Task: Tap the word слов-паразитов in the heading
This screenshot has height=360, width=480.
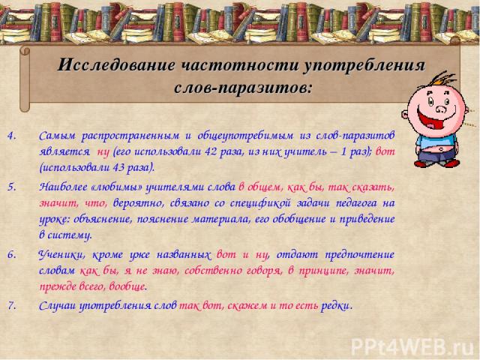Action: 243,88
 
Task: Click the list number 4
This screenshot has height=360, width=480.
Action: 12,136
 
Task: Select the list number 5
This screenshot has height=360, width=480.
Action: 12,187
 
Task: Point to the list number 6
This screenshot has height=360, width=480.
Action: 12,254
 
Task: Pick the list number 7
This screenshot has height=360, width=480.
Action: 12,305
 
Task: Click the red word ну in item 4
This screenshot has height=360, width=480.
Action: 103,152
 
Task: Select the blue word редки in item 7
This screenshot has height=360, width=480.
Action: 335,306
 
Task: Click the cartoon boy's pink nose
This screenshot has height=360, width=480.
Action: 441,109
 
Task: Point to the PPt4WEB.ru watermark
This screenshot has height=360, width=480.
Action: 414,346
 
